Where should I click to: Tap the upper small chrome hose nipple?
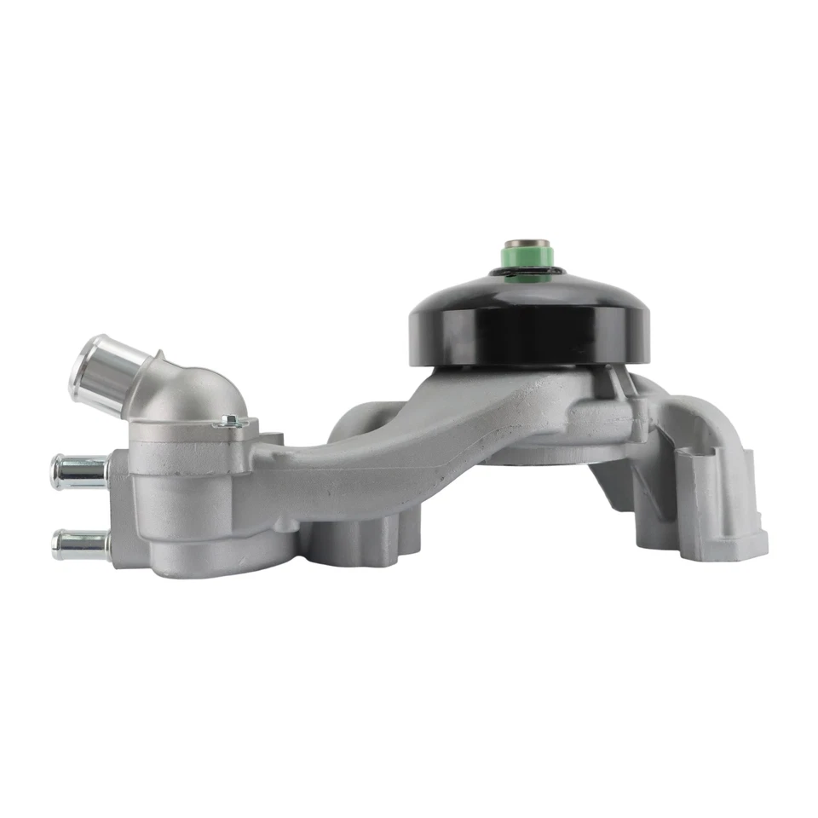pyautogui.click(x=78, y=471)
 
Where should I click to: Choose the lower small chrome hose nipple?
pyautogui.click(x=79, y=543)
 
